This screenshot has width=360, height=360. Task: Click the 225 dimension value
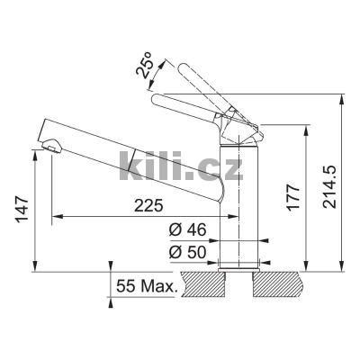pos(148,205)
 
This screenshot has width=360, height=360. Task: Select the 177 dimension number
pos(293,198)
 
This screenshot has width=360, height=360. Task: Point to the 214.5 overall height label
pos(329,187)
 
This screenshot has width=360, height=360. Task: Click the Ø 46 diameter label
pos(188,230)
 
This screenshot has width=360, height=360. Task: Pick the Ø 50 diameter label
pos(188,252)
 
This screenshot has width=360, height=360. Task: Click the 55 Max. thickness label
pos(146,286)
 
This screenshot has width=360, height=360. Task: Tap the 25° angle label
pos(145,66)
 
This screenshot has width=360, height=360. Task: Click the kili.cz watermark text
pos(181,166)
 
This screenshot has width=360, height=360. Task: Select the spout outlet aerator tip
pos(50,146)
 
